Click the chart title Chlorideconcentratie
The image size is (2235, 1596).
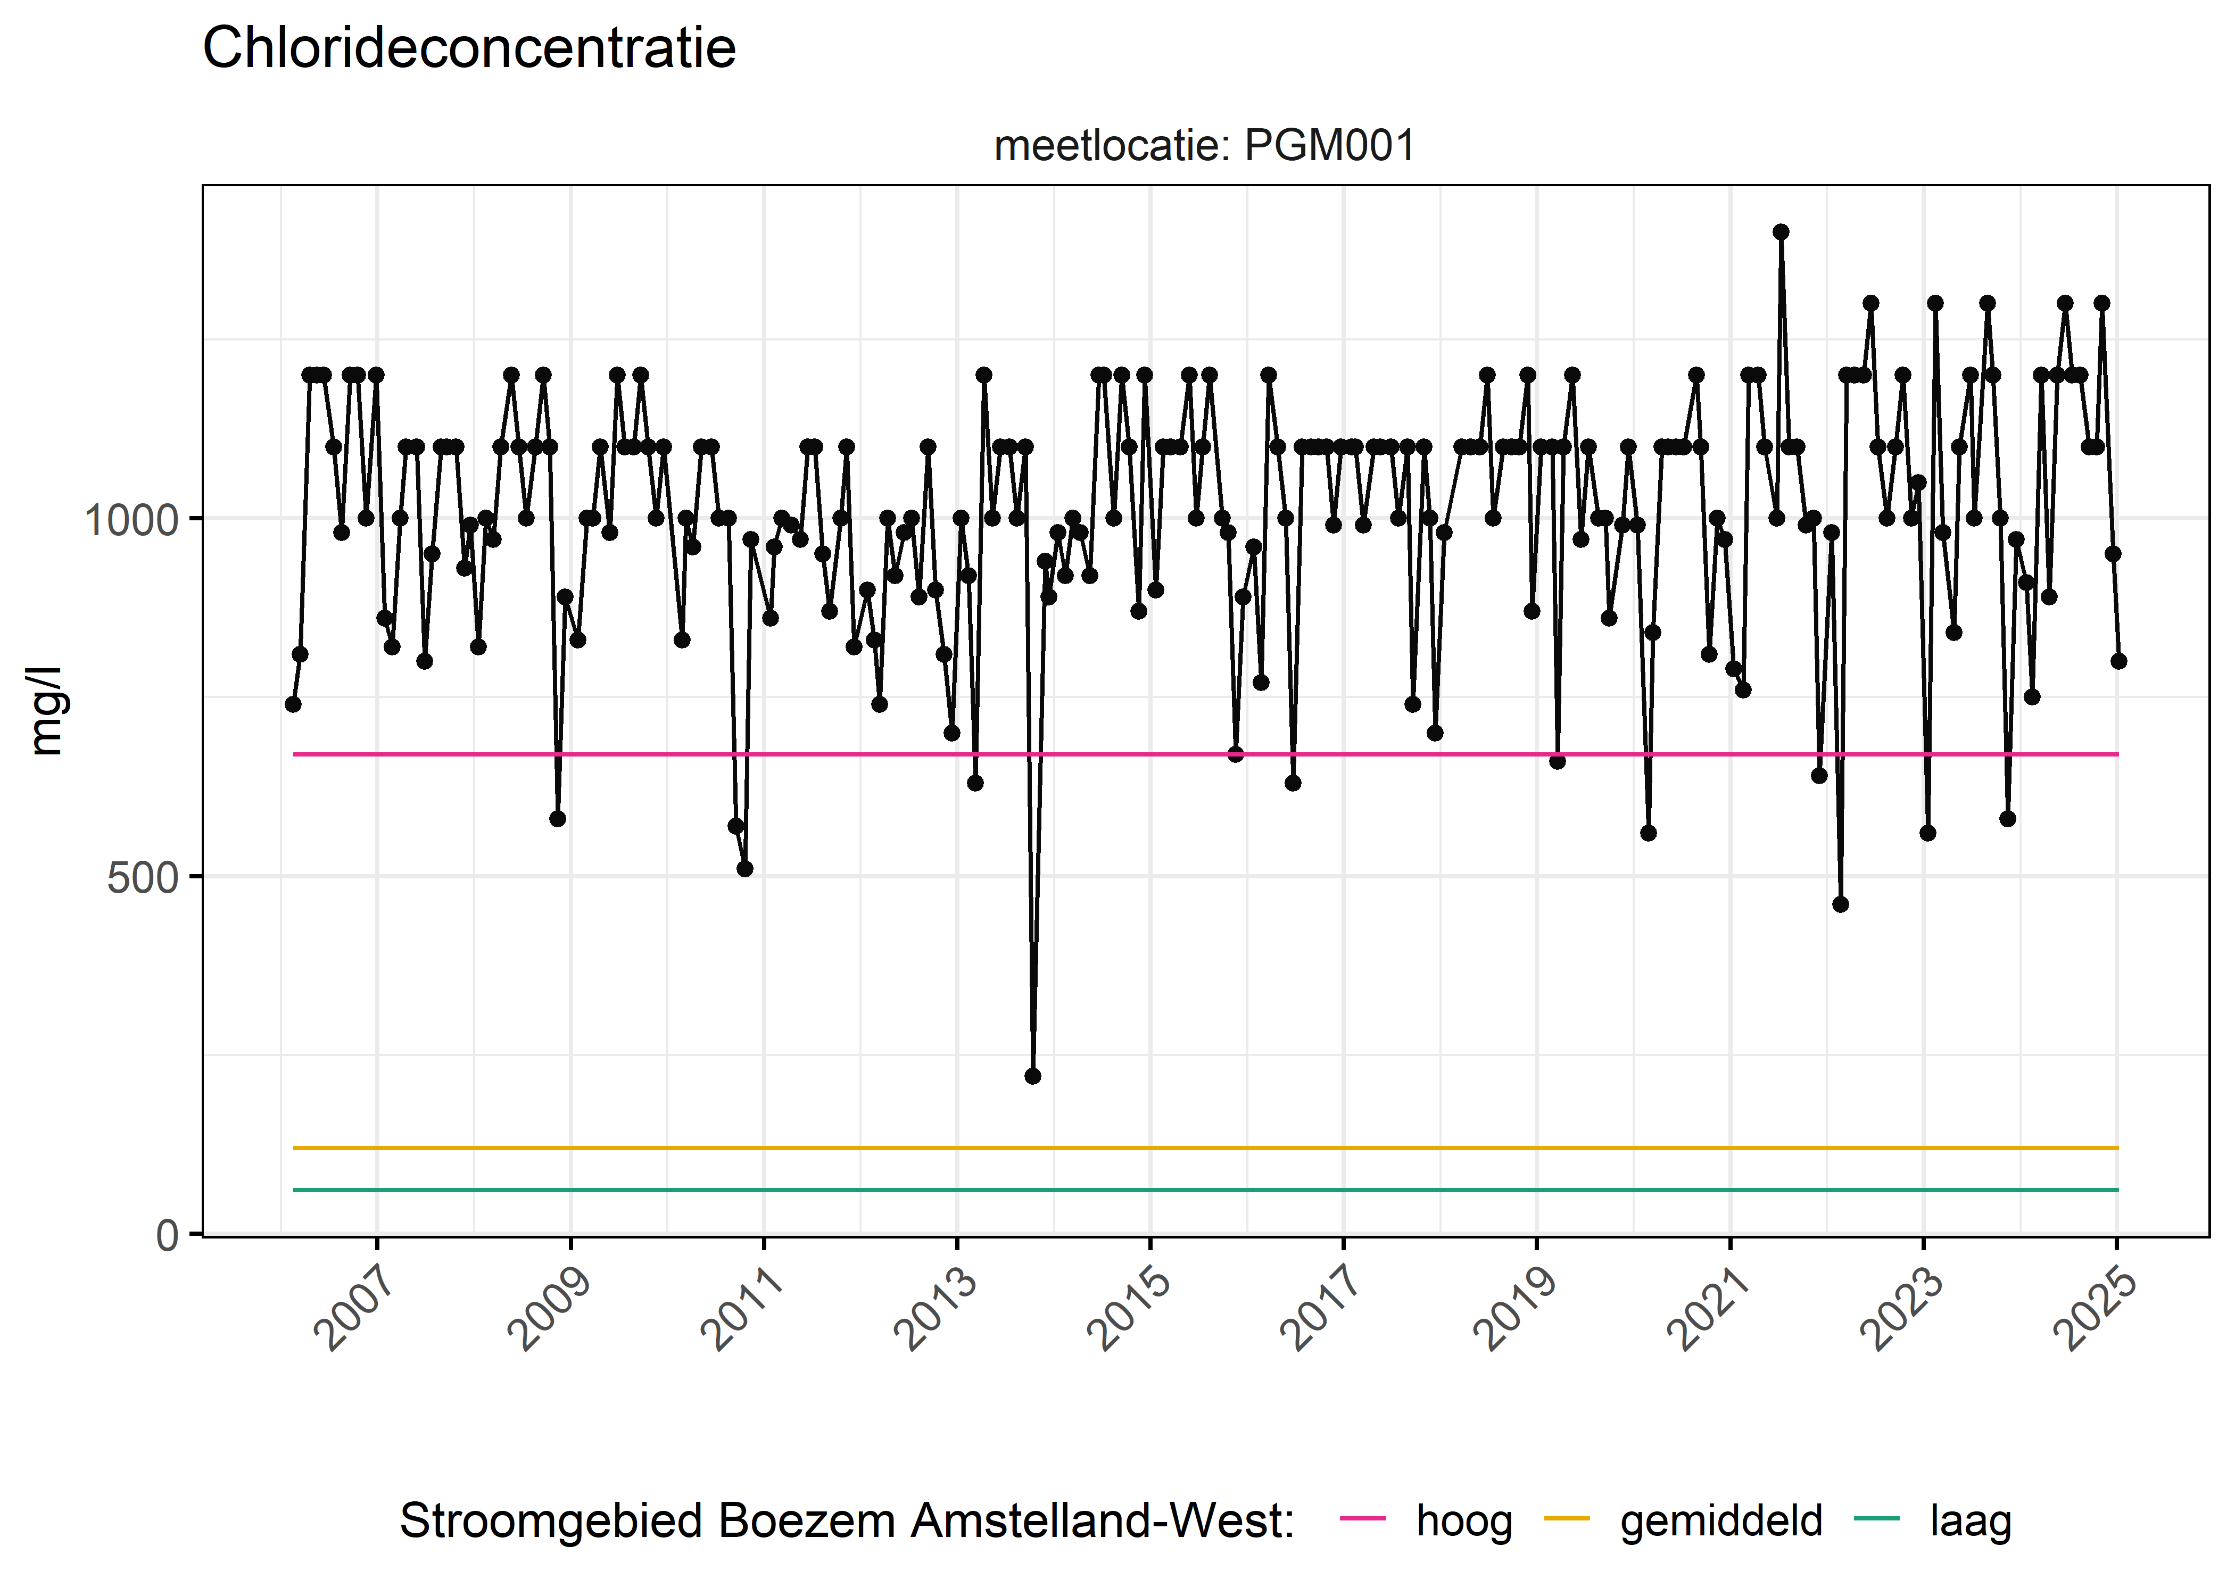click(x=469, y=48)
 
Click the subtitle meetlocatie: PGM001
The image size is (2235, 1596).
click(x=1204, y=146)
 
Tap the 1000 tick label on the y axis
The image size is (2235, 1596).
click(x=131, y=519)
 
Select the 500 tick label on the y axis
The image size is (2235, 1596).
click(x=143, y=877)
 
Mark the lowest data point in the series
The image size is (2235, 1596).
click(x=1032, y=1076)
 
